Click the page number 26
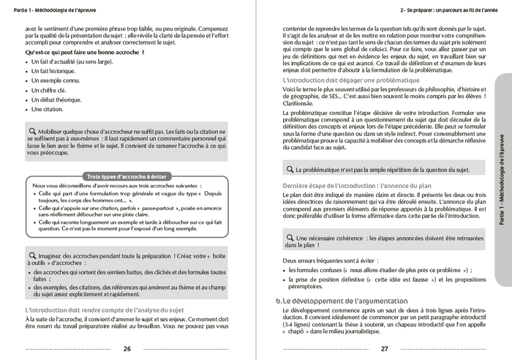127,348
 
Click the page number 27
385,348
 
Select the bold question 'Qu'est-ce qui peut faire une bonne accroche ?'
85,53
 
